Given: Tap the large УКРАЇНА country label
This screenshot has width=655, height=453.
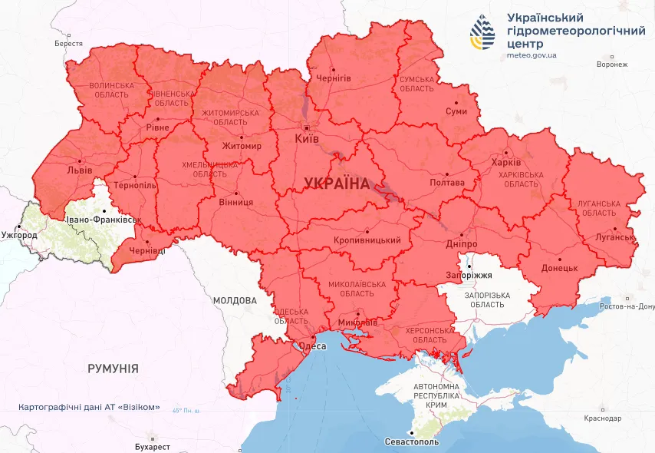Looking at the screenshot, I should [x=336, y=183].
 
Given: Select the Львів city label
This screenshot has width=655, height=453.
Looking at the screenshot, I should [x=80, y=170].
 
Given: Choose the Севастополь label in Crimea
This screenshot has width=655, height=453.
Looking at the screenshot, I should [x=412, y=443].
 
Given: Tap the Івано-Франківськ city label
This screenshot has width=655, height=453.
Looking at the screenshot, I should [x=105, y=220].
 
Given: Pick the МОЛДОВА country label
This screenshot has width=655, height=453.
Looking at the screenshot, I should [x=235, y=300].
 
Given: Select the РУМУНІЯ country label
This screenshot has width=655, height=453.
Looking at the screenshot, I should [x=113, y=369].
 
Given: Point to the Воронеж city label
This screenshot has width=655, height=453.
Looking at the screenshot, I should [x=611, y=64].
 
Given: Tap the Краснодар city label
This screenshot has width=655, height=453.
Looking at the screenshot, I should [x=601, y=418].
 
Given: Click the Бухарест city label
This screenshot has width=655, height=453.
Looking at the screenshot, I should [x=151, y=446].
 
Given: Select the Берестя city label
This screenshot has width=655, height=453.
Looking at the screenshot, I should [x=68, y=44].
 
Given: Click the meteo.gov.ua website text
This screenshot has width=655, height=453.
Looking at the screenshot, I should [x=532, y=55].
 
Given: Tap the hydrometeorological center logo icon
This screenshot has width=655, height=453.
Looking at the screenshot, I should [x=483, y=31].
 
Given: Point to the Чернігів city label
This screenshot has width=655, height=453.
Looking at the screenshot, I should [x=334, y=78].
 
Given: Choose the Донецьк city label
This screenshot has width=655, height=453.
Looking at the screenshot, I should [x=560, y=268].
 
